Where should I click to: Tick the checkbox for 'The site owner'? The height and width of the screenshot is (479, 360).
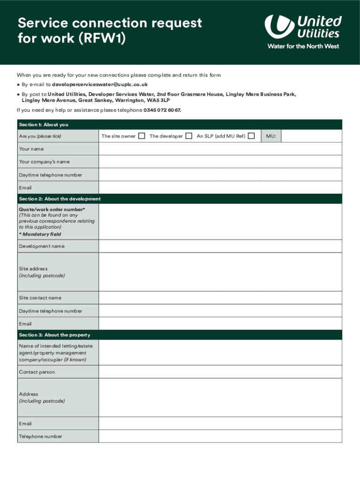point(142,136)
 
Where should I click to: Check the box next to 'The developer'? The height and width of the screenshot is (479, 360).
point(189,136)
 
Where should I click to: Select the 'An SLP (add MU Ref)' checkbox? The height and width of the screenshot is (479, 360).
point(252,136)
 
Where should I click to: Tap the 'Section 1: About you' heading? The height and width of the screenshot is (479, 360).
point(43,124)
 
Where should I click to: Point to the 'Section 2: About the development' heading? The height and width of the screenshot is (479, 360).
point(59,199)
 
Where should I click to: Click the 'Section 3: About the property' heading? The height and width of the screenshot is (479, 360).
point(54,335)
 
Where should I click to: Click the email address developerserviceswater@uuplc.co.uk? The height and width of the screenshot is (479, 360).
point(100,85)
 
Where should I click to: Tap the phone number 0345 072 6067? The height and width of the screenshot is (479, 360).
point(159,110)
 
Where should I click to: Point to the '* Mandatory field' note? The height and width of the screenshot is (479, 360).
point(40,234)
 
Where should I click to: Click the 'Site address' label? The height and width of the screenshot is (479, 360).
point(33,269)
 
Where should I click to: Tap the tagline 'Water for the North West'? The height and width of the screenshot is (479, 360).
point(303,46)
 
